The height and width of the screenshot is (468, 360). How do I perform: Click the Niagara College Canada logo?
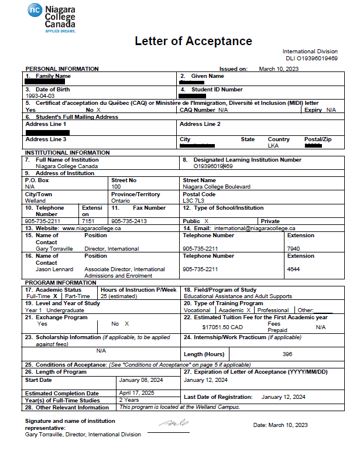point(51,19)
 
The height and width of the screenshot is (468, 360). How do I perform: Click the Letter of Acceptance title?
point(193,41)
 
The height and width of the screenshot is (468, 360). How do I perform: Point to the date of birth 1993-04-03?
point(39,95)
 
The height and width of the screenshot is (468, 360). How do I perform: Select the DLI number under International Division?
point(311,59)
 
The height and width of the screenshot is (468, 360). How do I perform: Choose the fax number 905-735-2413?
point(129,221)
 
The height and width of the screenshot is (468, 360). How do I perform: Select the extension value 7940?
point(293,248)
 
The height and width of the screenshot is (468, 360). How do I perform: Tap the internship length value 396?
point(287,354)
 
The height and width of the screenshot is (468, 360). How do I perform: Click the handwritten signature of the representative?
point(173,423)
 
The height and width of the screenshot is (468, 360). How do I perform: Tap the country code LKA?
point(273,145)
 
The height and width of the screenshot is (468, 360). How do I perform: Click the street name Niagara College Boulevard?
point(217,186)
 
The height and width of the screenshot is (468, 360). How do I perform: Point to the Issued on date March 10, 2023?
point(279,69)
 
